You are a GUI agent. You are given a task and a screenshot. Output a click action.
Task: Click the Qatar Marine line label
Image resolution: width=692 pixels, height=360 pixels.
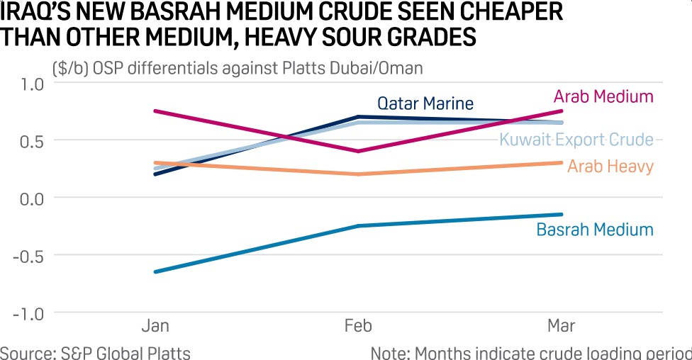pos(425,103)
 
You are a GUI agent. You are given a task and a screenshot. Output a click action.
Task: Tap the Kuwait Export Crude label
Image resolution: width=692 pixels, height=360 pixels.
pos(576,139)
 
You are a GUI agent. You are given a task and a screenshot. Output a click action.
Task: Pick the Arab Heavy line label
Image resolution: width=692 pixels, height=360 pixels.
pos(610,167)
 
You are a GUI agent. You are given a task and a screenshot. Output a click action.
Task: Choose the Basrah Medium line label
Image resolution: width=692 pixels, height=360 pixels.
pos(594,230)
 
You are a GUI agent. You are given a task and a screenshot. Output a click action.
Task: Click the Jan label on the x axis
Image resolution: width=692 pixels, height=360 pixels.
pos(155,326)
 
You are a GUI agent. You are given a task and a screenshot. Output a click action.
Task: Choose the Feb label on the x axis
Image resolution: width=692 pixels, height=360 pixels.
pos(358,326)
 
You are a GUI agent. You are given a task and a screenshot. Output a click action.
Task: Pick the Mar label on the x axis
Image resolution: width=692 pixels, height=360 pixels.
pos(562,326)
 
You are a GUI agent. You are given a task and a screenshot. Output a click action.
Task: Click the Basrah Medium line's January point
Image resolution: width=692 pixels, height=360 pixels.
pos(155,271)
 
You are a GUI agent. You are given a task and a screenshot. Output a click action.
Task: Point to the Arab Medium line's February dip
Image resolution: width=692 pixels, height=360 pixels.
pos(358,151)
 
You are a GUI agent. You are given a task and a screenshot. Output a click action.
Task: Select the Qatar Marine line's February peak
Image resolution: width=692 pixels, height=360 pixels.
pos(358,117)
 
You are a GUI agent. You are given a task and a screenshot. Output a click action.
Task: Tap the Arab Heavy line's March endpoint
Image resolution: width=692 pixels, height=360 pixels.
pos(562,163)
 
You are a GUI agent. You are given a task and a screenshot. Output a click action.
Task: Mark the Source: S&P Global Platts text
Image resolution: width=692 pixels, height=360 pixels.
pos(95,352)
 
